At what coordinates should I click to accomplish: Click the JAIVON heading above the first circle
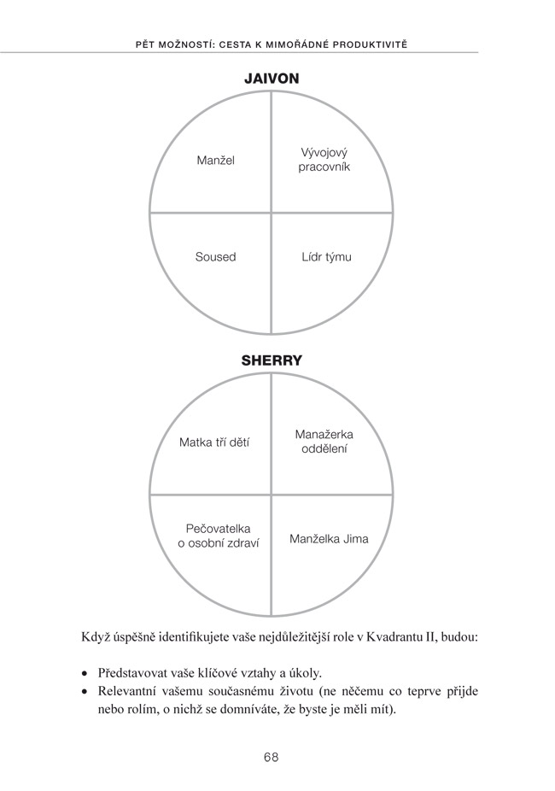point(272,79)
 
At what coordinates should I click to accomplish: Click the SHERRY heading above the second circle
point(272,360)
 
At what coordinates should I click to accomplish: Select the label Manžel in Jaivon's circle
point(216,161)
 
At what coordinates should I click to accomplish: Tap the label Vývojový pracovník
point(324,160)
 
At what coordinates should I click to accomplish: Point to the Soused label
point(215,257)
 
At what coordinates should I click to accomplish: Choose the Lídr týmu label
point(327,257)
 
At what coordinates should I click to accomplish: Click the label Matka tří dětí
point(214,442)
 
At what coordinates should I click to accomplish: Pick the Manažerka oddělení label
point(324,442)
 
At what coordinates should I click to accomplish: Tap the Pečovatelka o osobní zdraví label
point(219,536)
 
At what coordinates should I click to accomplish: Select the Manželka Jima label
point(329,539)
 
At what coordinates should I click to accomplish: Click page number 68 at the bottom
point(272,757)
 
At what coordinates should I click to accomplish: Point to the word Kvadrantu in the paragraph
point(390,636)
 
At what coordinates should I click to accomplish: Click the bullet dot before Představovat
point(85,674)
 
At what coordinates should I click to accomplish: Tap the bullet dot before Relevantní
point(85,692)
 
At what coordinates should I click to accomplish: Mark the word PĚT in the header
point(145,44)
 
